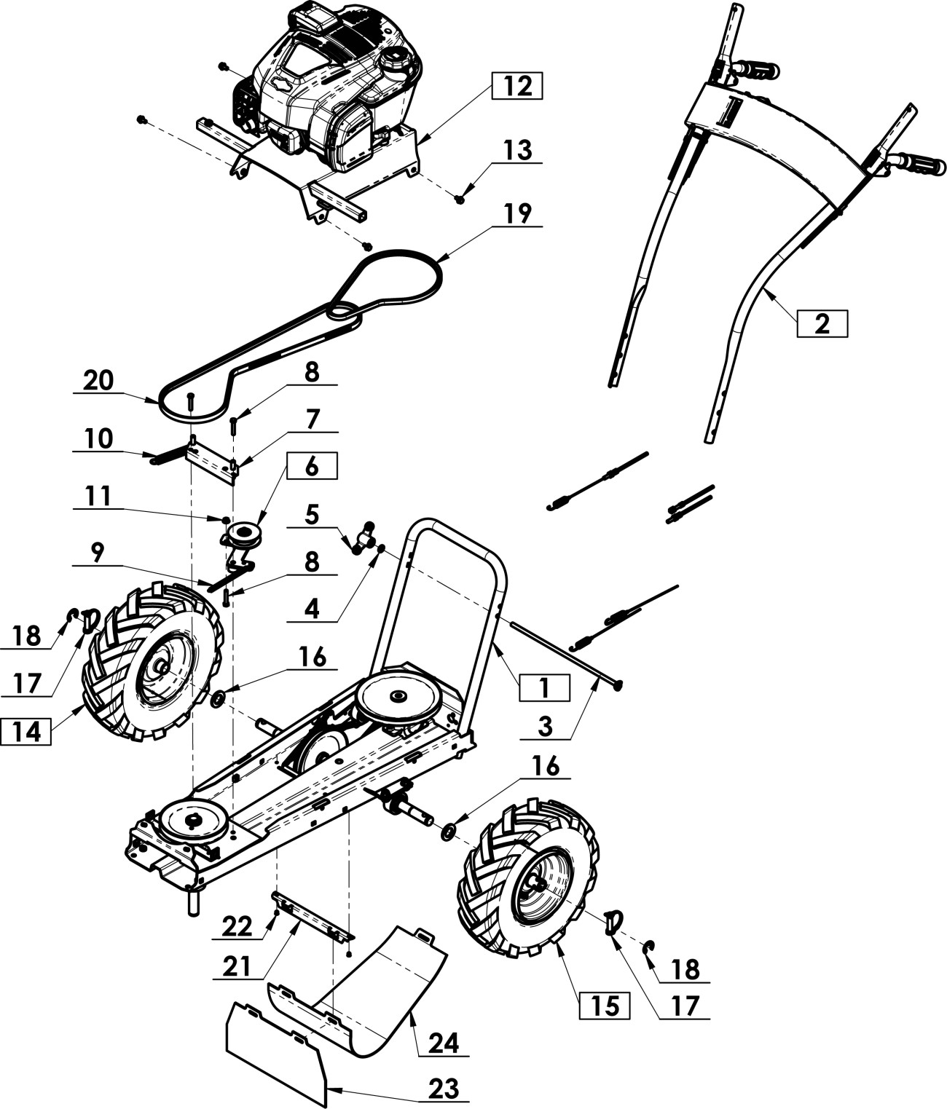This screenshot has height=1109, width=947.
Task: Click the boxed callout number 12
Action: pyautogui.click(x=517, y=86)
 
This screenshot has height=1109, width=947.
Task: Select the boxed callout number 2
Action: pyautogui.click(x=822, y=323)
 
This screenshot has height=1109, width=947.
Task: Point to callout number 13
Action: pyautogui.click(x=517, y=151)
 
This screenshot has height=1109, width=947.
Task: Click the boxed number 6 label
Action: pyautogui.click(x=312, y=466)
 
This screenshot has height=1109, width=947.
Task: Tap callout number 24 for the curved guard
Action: pyautogui.click(x=444, y=1043)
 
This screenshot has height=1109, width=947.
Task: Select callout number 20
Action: pyautogui.click(x=98, y=381)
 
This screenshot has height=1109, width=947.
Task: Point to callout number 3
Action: pyautogui.click(x=546, y=726)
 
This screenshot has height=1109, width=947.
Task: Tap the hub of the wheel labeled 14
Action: pyautogui.click(x=162, y=666)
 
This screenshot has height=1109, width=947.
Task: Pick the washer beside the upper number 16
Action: pyautogui.click(x=218, y=700)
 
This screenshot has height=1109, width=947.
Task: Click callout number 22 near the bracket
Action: pyautogui.click(x=237, y=927)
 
